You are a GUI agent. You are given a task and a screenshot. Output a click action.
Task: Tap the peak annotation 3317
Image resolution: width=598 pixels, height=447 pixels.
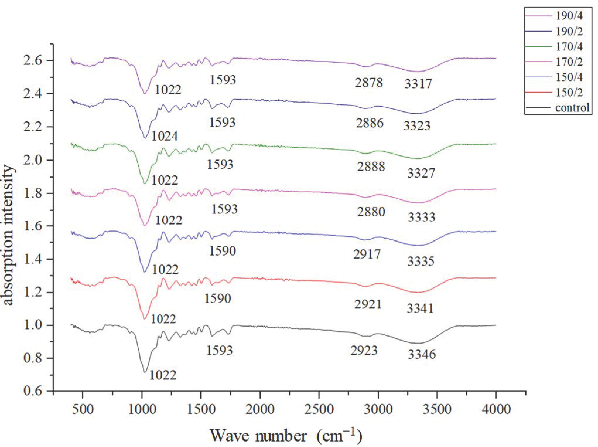[x=418, y=84]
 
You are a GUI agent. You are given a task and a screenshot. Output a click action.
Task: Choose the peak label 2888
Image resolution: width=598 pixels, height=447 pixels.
[x=371, y=167]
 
